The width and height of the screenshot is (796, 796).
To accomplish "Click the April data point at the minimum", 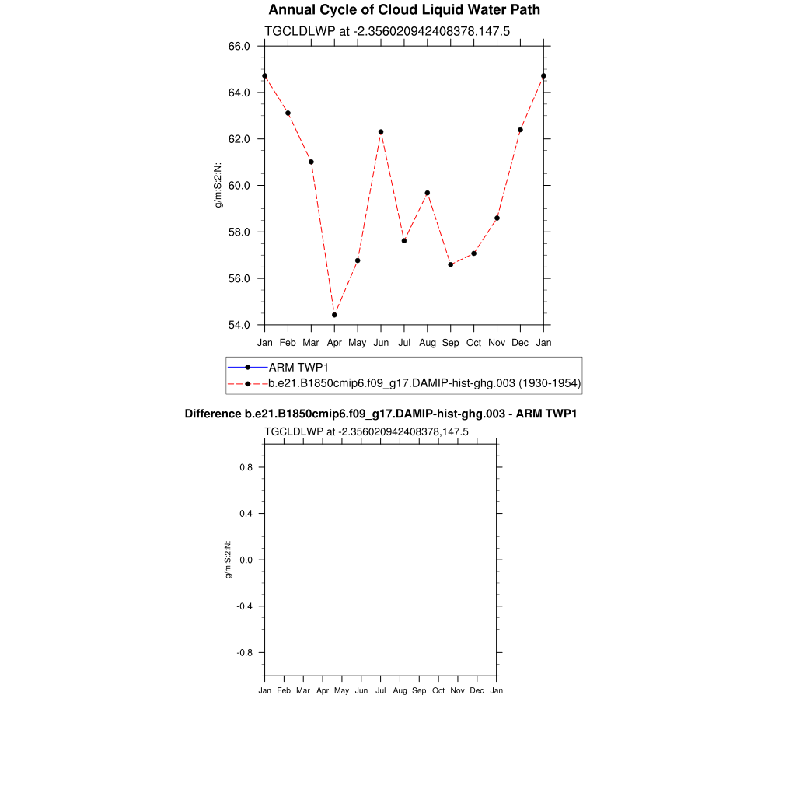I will pyautogui.click(x=334, y=315).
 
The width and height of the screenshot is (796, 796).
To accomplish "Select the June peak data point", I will pyautogui.click(x=381, y=132).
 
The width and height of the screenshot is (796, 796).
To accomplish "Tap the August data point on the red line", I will pyautogui.click(x=428, y=193).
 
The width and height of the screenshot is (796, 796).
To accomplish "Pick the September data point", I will pyautogui.click(x=451, y=264).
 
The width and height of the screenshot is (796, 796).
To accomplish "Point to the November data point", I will pyautogui.click(x=497, y=218).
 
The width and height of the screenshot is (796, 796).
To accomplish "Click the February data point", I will pyautogui.click(x=288, y=113).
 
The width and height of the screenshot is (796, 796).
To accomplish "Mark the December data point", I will pyautogui.click(x=520, y=130).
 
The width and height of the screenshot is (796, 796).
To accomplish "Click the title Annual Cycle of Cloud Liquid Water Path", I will pyautogui.click(x=404, y=10).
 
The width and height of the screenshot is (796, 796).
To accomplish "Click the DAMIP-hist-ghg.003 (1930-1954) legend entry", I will pyautogui.click(x=424, y=383).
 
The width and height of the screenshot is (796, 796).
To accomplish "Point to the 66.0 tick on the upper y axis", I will pyautogui.click(x=239, y=46).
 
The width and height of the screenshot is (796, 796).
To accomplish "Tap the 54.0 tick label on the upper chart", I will pyautogui.click(x=239, y=325).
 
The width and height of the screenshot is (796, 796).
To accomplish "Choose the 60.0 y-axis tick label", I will pyautogui.click(x=239, y=186).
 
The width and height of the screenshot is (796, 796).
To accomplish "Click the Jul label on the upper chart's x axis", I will pyautogui.click(x=404, y=343).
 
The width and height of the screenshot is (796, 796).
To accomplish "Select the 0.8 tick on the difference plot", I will pyautogui.click(x=246, y=467).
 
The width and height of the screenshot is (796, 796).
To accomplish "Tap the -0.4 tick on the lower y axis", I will pyautogui.click(x=245, y=606).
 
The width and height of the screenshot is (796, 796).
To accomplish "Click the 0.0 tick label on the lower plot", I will pyautogui.click(x=246, y=560).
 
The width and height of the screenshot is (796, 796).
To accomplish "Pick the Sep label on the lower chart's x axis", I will pyautogui.click(x=419, y=690).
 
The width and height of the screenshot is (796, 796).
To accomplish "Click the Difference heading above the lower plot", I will pyautogui.click(x=380, y=414).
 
